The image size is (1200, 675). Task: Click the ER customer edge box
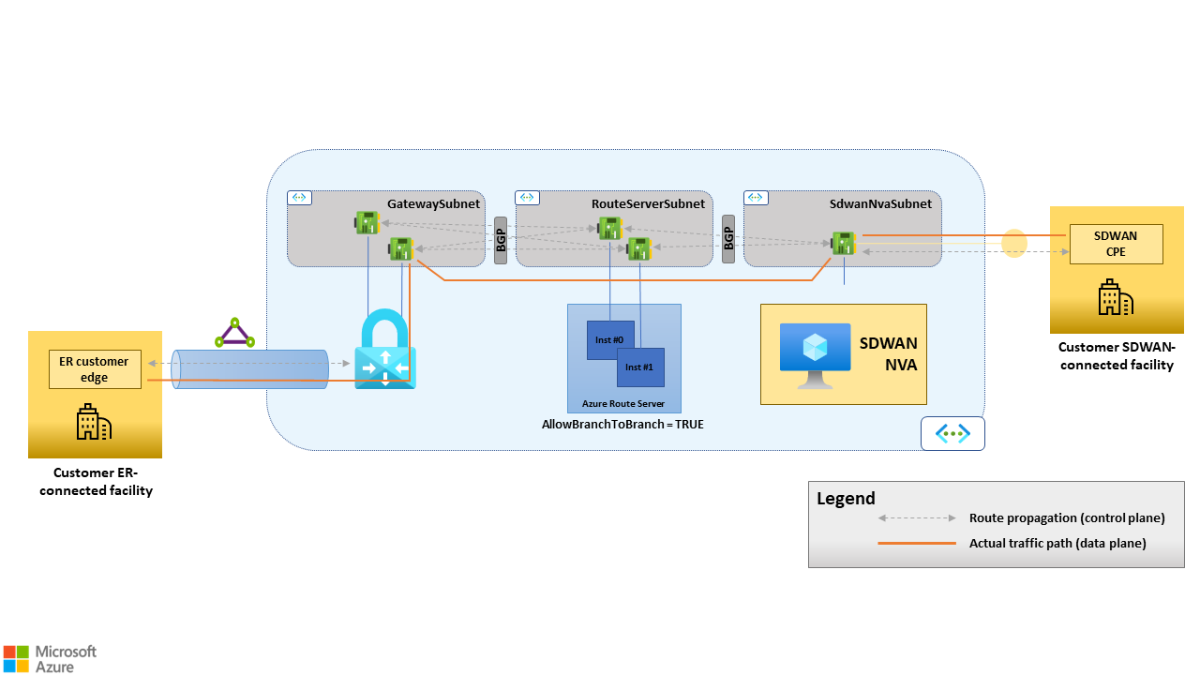95,369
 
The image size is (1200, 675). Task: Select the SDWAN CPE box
1116,244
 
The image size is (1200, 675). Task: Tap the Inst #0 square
609,339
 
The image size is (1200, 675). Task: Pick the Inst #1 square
640,367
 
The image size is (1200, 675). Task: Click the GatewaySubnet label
433,203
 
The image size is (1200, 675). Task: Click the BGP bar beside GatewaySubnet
501,240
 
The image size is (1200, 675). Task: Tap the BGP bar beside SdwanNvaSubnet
728,240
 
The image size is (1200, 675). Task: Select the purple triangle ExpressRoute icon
234,333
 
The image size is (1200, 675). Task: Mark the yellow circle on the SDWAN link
1014,244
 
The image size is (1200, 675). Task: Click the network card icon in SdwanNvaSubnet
843,243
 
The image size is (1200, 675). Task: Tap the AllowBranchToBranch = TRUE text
622,425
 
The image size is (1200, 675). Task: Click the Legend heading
846,499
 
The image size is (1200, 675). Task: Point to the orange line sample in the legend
916,543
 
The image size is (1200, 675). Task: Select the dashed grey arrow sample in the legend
916,517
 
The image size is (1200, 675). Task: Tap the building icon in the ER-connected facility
94,423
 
